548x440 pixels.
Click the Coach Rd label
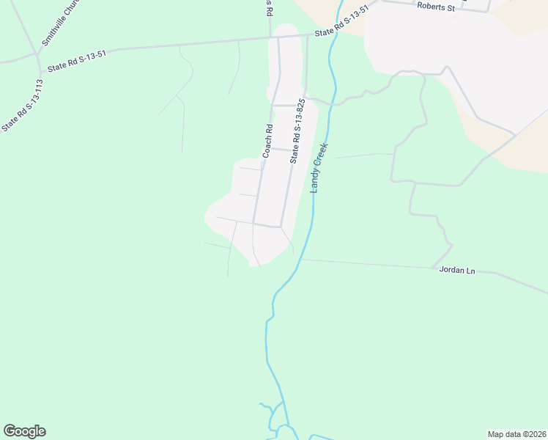[267, 141]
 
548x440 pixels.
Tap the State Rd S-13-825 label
[297, 132]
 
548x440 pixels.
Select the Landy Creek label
[320, 166]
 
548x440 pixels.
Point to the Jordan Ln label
[457, 271]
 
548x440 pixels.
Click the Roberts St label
[436, 7]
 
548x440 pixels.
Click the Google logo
[24, 431]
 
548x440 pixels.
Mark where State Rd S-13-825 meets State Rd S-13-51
[307, 34]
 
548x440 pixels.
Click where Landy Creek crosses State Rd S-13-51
[334, 33]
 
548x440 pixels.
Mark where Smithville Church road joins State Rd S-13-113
[36, 54]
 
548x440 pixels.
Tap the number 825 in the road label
[300, 111]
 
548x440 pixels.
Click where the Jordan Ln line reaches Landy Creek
[300, 259]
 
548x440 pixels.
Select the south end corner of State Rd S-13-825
[280, 227]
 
